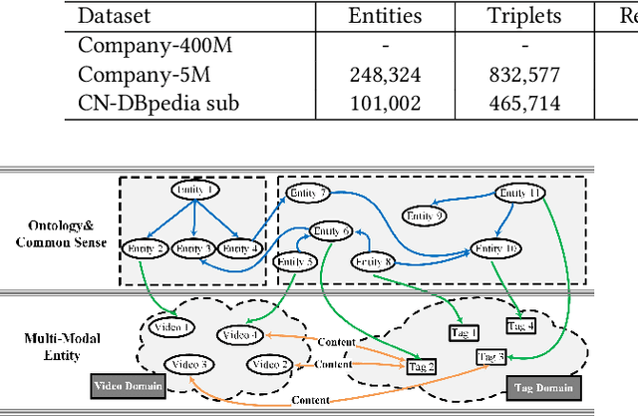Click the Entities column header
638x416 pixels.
click(385, 16)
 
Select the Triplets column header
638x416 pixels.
click(524, 16)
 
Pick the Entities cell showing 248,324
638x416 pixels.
click(385, 74)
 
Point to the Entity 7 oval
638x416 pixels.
click(308, 192)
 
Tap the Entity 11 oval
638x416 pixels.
click(520, 193)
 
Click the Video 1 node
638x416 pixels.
click(172, 327)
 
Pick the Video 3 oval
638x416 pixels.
click(188, 364)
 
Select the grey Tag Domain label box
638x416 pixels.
click(542, 387)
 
